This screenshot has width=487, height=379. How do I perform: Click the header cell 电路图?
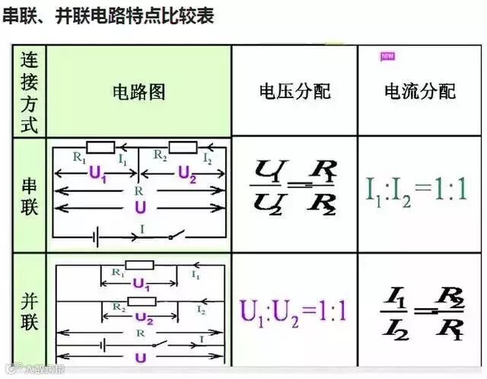point(139,92)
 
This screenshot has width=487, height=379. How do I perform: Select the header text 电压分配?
point(294,92)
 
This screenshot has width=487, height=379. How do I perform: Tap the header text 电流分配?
point(420,92)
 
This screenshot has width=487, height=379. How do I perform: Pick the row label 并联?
point(29,311)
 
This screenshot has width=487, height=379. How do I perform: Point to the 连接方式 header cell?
point(29,91)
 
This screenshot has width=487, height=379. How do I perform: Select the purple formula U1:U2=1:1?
point(293,311)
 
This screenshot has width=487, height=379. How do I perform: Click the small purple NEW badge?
point(387,56)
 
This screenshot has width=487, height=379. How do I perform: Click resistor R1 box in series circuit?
point(100,147)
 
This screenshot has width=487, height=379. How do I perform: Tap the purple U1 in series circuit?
point(98,174)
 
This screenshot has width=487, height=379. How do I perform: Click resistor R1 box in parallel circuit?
point(139,266)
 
